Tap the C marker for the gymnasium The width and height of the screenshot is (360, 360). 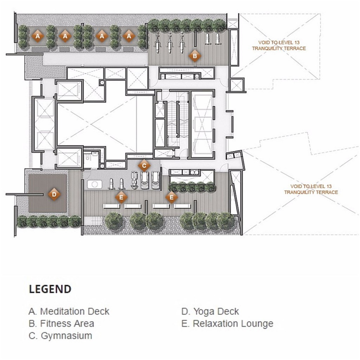(x=143, y=165)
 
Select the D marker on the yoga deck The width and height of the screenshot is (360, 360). (x=54, y=194)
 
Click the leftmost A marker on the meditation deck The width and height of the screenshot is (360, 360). (x=37, y=36)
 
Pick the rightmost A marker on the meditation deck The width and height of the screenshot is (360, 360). (x=129, y=36)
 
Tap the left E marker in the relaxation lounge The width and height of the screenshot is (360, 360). (x=121, y=198)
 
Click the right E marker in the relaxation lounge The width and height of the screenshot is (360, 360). (x=172, y=198)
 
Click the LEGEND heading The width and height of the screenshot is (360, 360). (x=50, y=289)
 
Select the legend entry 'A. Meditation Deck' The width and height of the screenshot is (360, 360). (x=69, y=311)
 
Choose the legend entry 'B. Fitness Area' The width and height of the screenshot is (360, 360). (x=61, y=323)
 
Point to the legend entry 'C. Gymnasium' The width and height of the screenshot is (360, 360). (x=60, y=335)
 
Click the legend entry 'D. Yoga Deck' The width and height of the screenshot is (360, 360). (x=210, y=311)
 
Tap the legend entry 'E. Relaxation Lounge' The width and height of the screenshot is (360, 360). (x=227, y=323)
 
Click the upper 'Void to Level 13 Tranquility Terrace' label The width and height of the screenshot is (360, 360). (x=279, y=45)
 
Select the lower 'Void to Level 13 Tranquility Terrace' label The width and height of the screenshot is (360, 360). (x=311, y=189)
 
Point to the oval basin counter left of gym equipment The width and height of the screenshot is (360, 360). (x=94, y=184)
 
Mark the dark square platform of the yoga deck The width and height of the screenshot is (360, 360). (x=47, y=193)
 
